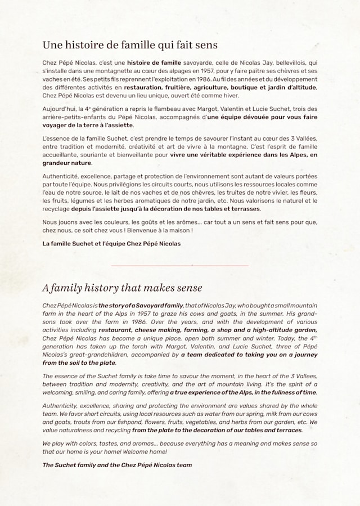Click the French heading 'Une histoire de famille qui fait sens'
point(130,44)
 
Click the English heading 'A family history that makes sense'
point(122,288)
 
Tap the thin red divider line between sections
point(179,265)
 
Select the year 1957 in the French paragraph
point(204,71)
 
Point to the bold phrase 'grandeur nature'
point(67,163)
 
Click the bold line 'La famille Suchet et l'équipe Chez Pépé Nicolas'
point(111,244)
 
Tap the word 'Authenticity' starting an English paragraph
point(61,405)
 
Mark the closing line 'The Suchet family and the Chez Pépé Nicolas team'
point(116,465)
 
